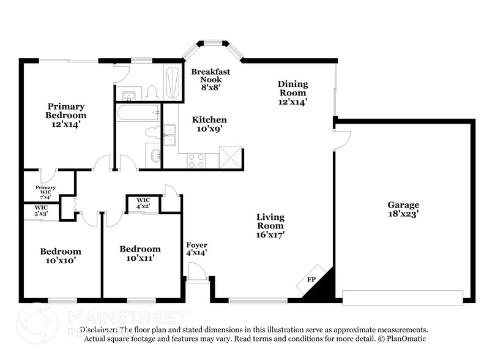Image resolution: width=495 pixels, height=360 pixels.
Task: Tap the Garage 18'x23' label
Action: pos(403,209)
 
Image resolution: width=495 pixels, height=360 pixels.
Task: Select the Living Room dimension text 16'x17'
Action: pos(270,234)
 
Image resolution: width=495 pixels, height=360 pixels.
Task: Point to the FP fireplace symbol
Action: pos(311,280)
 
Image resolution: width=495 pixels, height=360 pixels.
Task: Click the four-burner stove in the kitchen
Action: pos(196,160)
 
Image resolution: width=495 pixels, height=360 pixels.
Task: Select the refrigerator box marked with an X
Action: pos(230,157)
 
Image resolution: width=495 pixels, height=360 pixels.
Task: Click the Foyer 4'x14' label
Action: pos(196,249)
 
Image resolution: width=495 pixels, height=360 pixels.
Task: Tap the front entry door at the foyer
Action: pos(197,272)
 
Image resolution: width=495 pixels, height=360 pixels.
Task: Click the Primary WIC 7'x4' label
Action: pos(46,191)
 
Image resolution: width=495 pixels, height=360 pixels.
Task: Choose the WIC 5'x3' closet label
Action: pos(40,211)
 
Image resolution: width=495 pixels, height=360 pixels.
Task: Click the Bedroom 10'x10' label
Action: pos(61,255)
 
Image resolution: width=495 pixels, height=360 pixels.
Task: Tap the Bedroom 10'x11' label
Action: pos(140,253)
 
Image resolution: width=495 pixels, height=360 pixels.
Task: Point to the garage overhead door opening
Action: pos(402,298)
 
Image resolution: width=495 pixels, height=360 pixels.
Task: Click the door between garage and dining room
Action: pos(341,140)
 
